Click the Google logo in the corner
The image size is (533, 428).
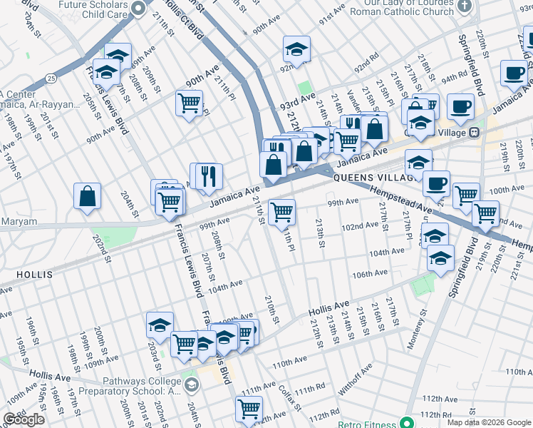click(24, 419)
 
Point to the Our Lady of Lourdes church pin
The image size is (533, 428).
click(465, 7)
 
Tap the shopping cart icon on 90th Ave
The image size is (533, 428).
click(189, 103)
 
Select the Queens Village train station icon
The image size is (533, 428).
click(473, 133)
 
